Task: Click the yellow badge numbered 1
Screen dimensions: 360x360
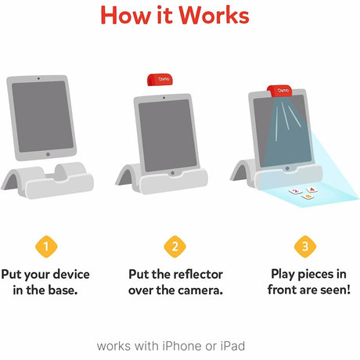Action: click(46, 247)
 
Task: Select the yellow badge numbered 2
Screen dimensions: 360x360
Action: click(175, 247)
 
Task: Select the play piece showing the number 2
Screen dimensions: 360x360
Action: click(295, 190)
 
